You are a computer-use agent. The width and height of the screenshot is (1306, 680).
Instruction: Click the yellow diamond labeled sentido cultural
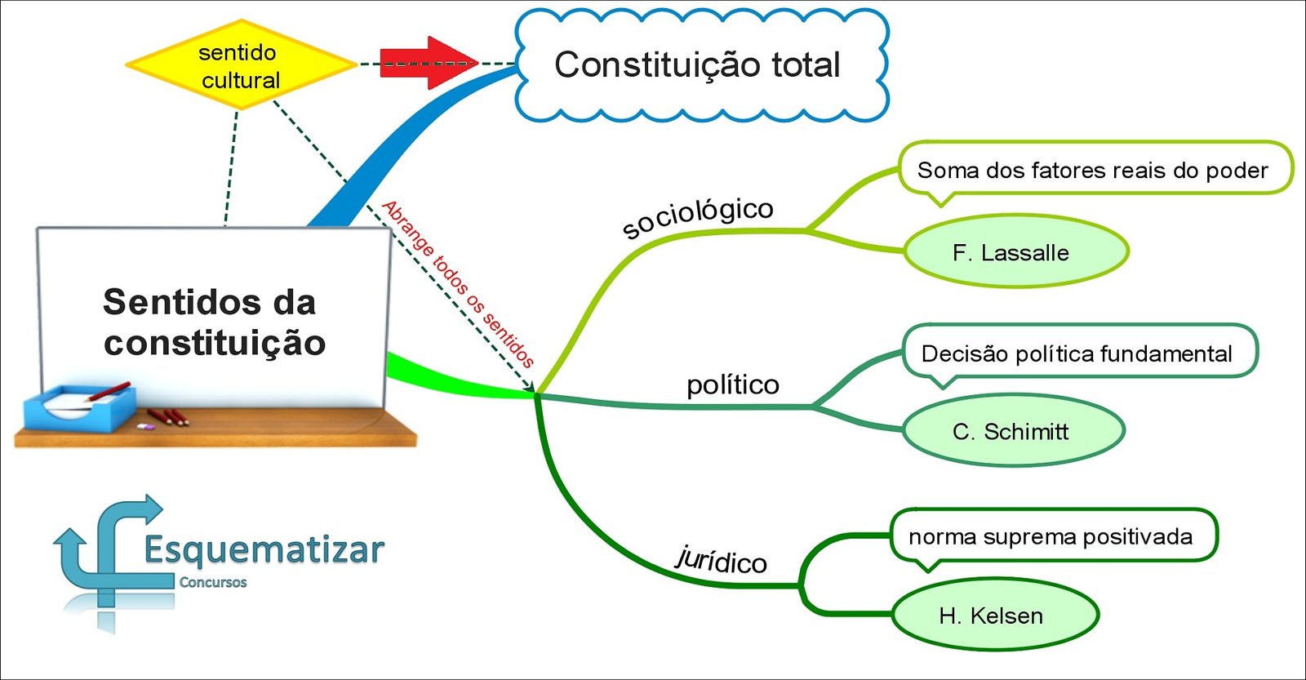tap(240, 65)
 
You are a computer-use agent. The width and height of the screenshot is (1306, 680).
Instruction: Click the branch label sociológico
tap(697, 217)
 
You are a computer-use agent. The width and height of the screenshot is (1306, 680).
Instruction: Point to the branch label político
tap(732, 384)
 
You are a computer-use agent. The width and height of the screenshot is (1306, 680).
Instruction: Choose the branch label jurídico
tap(722, 560)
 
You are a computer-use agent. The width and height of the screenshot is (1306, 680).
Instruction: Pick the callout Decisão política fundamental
tap(1077, 353)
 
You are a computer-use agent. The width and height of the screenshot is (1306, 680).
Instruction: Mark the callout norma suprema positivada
tap(1051, 536)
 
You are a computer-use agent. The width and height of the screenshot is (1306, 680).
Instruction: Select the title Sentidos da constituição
tap(212, 322)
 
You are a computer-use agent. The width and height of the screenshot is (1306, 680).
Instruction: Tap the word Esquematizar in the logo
tap(264, 549)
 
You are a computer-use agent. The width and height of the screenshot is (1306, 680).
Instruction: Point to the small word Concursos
tap(213, 582)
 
